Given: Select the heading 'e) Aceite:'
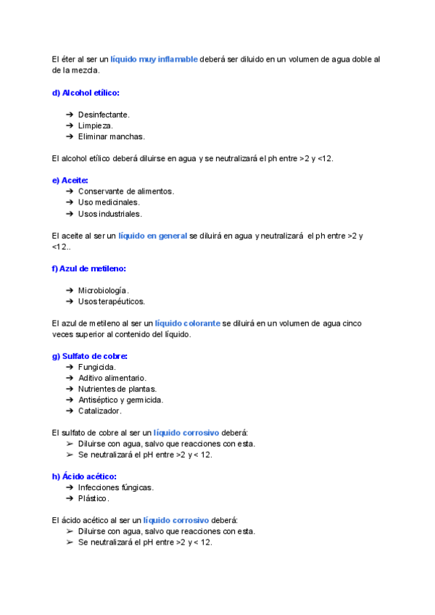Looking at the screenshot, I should [70, 180].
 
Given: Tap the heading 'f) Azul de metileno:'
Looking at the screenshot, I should [89, 268].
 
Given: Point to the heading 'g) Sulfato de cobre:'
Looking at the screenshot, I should [90, 355].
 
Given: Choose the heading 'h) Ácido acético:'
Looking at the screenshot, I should [84, 476].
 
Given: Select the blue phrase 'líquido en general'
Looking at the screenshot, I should [152, 236].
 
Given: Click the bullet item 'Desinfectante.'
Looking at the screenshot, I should [104, 115].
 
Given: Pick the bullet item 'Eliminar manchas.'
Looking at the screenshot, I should [111, 136].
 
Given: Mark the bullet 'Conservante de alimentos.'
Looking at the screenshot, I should [126, 191].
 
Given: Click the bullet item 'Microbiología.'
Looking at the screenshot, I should [104, 290].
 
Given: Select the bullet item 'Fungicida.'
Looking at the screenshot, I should [97, 367].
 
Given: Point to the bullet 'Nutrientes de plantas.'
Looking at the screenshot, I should [117, 389].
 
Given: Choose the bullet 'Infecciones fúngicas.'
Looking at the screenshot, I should [115, 487].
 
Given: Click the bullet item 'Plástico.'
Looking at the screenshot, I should [94, 498].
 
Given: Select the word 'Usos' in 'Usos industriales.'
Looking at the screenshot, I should [88, 213].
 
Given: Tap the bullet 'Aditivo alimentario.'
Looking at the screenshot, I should [112, 378].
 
